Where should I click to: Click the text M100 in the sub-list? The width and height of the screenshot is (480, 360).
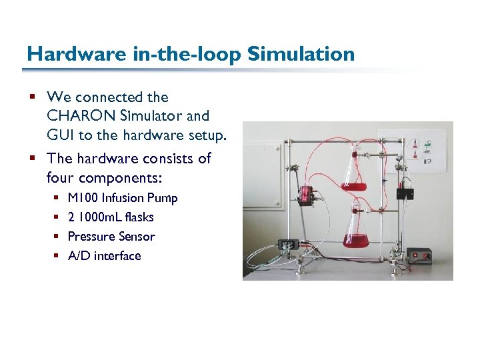[83, 198]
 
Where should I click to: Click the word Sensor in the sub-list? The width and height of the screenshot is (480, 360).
[137, 237]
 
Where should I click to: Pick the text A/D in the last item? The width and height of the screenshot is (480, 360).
[79, 256]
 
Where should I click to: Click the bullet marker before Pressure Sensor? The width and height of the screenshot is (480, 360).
[56, 237]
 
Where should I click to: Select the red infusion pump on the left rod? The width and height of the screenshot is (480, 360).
[307, 194]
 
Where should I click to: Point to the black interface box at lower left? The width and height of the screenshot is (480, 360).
[288, 245]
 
